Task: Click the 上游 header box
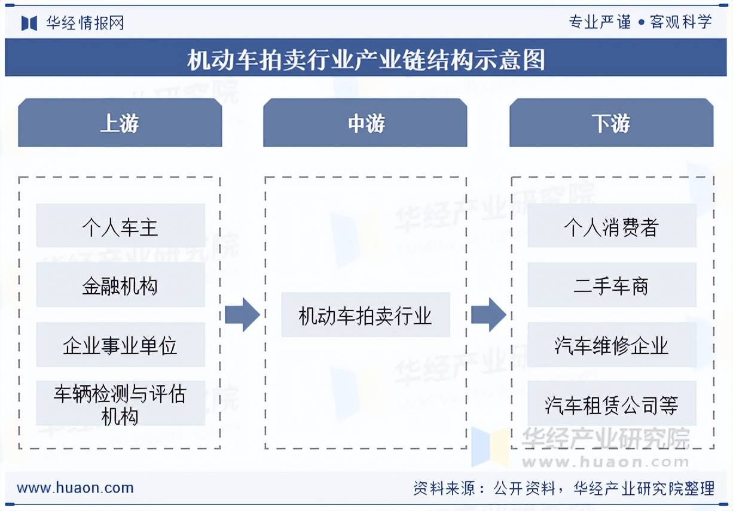pos(120,123)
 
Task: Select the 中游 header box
pos(365,123)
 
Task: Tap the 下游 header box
pos(611,123)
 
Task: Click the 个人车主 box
pos(120,226)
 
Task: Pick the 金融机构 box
pos(120,285)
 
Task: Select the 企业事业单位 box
pos(120,345)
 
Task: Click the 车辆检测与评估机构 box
pos(120,404)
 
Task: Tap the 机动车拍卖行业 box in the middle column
pos(365,315)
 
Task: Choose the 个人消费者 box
pos(612,226)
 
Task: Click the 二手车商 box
pos(612,285)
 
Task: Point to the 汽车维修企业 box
pos(612,345)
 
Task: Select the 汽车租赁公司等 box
pos(612,404)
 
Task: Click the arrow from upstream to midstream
pos(242,314)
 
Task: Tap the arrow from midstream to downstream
pos(488,314)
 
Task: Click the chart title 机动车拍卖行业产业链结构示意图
pos(366,60)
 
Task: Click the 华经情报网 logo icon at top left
pos(29,23)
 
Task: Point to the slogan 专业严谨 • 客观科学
pos(640,22)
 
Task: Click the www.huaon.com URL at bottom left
pos(75,488)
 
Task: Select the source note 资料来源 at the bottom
pos(563,488)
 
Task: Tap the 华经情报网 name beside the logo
pos(85,23)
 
